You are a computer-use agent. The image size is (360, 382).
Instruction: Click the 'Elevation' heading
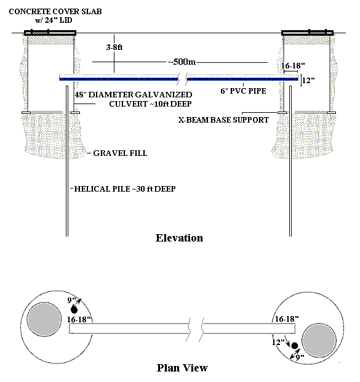pos(179,238)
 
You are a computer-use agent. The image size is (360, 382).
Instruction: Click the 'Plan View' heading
pos(182,368)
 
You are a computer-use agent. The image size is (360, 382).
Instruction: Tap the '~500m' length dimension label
pos(182,62)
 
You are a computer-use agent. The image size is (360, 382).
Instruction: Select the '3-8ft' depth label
pos(114,47)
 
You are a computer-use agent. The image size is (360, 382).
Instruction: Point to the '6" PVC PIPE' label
pos(243,91)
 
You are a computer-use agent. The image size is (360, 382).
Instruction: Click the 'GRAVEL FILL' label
pos(120,153)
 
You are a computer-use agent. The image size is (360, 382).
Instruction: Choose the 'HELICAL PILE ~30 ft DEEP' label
pos(125,189)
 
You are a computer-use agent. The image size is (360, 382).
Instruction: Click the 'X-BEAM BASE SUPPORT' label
pos(223,120)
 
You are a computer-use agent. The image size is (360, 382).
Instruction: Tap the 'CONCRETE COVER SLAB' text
pos(55,12)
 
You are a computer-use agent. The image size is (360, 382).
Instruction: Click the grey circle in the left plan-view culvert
pos(44,319)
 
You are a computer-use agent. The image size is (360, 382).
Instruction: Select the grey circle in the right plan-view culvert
pos(319,341)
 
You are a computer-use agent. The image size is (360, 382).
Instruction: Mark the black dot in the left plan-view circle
pos(74,310)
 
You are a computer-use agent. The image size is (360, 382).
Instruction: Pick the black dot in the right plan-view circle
pos(295,346)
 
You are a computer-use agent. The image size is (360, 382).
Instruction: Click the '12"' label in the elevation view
pos(308,80)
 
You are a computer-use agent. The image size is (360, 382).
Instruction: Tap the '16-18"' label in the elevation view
pos(293,65)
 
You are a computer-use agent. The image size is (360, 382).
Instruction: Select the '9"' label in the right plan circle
pos(300,357)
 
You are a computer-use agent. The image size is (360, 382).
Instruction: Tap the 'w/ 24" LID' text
pos(54,20)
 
